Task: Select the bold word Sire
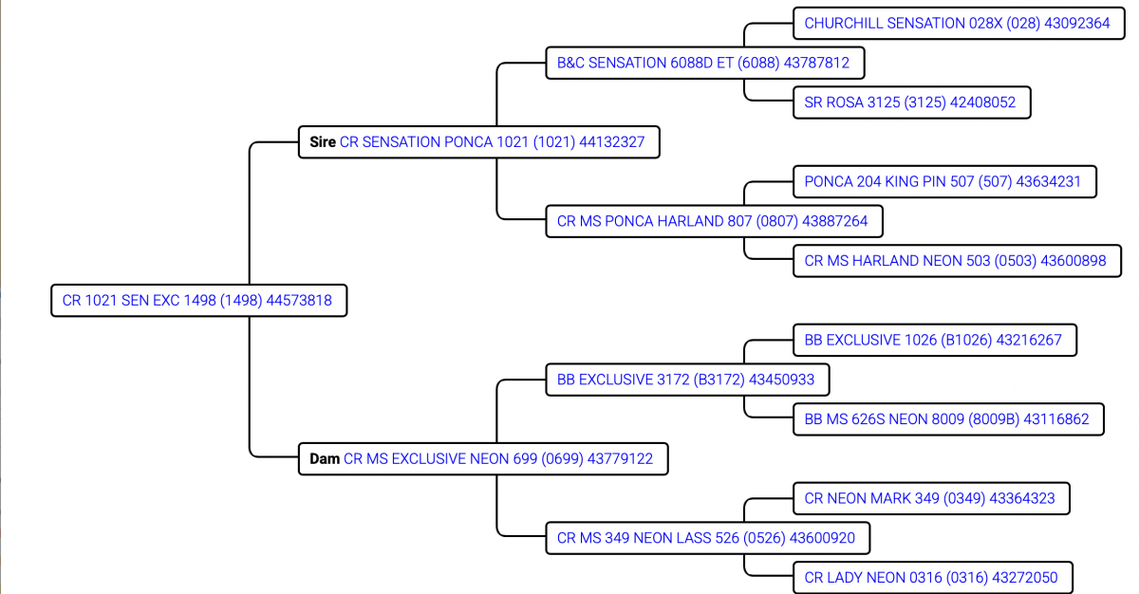(x=323, y=142)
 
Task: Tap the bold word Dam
(x=325, y=459)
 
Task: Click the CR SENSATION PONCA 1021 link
(x=492, y=142)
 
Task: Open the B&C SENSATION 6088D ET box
(x=703, y=63)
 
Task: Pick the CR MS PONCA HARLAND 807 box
(x=712, y=221)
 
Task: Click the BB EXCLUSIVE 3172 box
(x=685, y=380)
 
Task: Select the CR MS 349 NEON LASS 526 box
(x=705, y=538)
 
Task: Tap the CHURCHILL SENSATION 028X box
(x=957, y=23)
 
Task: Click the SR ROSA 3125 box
(x=909, y=102)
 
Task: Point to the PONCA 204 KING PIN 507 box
(x=943, y=181)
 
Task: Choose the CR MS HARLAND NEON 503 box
(x=955, y=260)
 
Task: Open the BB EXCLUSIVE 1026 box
(x=933, y=340)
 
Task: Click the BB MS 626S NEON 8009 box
(x=946, y=418)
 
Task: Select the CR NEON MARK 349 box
(x=929, y=498)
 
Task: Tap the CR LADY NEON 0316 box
(x=930, y=577)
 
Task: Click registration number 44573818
(x=299, y=301)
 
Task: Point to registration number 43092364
(x=1076, y=23)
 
